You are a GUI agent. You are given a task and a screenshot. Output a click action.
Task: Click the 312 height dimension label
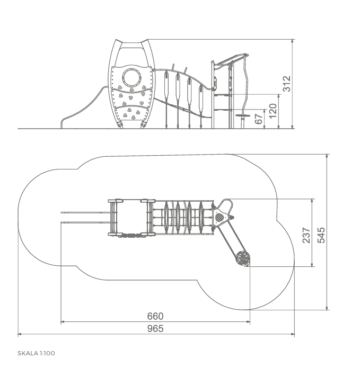click(x=287, y=84)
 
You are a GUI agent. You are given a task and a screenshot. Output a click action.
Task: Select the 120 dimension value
click(x=273, y=111)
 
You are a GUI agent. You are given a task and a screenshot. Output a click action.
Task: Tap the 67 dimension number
click(x=259, y=119)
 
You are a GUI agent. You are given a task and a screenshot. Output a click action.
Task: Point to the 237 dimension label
click(x=306, y=235)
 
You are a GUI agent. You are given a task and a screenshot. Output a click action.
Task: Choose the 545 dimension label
click(x=321, y=235)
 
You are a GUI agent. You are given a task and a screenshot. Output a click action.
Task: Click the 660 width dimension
click(x=155, y=316)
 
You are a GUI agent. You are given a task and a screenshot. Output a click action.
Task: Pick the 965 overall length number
click(x=155, y=328)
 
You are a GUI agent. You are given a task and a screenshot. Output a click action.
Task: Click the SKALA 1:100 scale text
click(x=36, y=353)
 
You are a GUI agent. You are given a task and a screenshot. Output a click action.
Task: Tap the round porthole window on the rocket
click(x=132, y=77)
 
